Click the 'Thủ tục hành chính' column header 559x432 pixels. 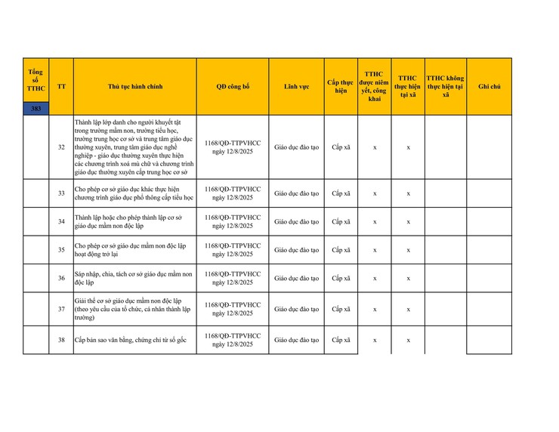(134, 87)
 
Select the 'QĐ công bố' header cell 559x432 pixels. (233, 87)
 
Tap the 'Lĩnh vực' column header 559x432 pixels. (296, 87)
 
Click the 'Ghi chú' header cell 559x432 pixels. (489, 87)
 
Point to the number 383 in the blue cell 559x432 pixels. (36, 109)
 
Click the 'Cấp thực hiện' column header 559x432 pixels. (341, 86)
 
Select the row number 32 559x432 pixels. (61, 147)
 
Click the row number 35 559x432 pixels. (61, 250)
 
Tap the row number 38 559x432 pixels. (61, 340)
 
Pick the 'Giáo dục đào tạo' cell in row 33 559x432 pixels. (296, 193)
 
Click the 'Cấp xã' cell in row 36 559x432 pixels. (341, 278)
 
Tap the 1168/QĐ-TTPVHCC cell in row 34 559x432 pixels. (233, 221)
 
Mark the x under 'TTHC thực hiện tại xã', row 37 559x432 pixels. (408, 309)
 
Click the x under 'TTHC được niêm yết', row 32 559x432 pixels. (375, 147)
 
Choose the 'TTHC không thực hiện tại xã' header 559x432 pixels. (445, 86)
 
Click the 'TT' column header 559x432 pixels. (61, 87)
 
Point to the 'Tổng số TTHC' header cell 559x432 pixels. (36, 80)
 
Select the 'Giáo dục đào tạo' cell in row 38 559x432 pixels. (296, 340)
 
